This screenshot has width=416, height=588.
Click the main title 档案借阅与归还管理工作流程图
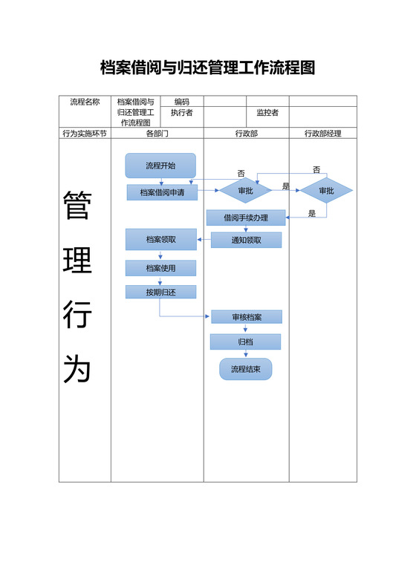pos(208,68)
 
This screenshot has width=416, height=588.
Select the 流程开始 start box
pos(160,166)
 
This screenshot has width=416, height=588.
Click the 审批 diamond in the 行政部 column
pos(245,191)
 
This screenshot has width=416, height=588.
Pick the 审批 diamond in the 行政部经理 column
pos(326,191)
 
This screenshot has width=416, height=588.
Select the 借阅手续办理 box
pos(246,218)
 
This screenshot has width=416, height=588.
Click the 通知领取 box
pos(247,240)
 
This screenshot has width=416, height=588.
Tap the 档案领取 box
pos(161,239)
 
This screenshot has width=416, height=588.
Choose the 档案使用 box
pos(161,267)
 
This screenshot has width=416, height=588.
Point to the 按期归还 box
pos(161,293)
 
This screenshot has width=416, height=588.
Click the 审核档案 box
pos(247,317)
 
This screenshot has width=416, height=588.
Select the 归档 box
pos(246,342)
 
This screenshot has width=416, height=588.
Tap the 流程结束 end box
pos(246,369)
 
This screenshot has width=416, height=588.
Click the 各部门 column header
pos(157,134)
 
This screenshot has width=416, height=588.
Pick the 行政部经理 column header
pos(323,134)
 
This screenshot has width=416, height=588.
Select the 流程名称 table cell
pos(85,102)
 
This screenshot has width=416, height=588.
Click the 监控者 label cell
pos(267,113)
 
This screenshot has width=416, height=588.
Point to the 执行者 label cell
pos(181,113)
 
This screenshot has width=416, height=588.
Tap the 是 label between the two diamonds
pos(286,186)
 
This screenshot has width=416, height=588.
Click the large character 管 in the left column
pos(77,206)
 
